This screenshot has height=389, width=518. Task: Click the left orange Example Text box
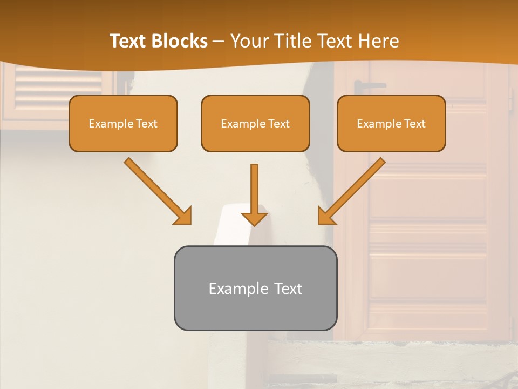123,123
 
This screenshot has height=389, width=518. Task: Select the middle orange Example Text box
255,123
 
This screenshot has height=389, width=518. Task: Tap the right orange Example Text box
391,123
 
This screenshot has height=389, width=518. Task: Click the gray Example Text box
255,288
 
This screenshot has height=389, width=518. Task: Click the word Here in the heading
378,41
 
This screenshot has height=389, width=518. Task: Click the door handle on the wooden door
369,85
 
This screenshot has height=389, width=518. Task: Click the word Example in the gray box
238,289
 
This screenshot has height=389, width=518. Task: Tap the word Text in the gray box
288,289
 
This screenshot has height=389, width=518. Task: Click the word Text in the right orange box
414,124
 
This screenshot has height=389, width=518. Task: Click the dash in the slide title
219,41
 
